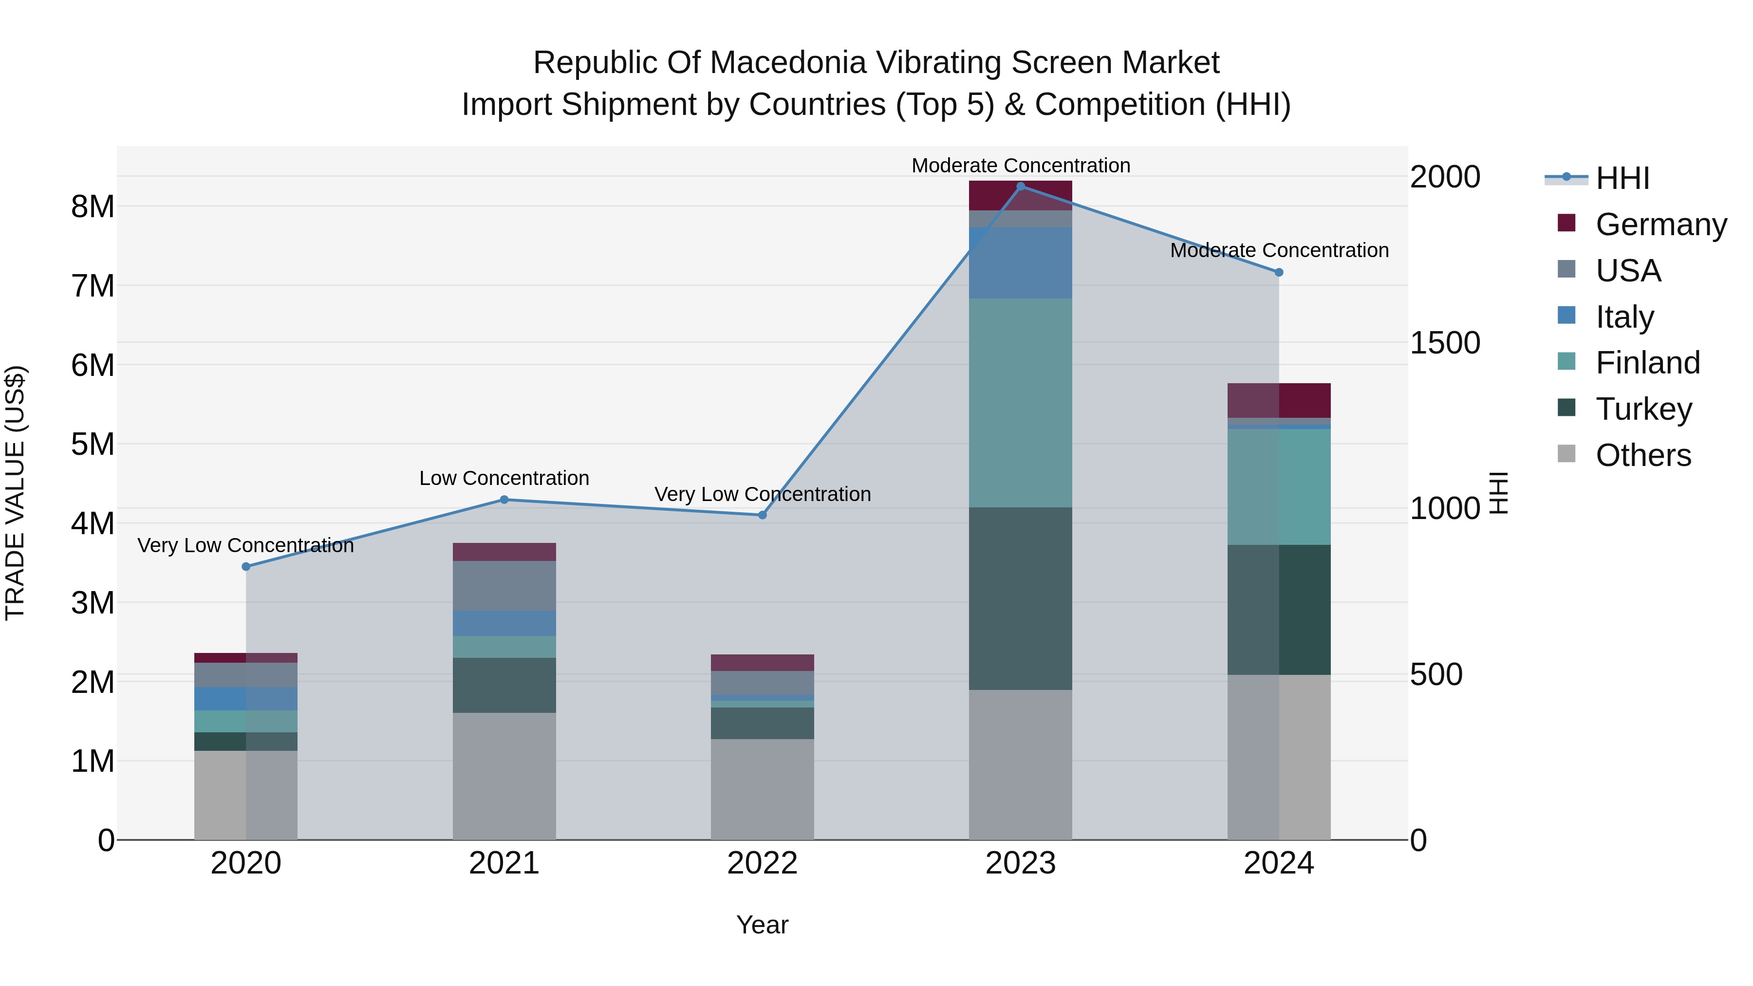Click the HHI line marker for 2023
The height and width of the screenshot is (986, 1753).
tap(1020, 186)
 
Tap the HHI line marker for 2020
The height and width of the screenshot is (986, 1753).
tap(246, 566)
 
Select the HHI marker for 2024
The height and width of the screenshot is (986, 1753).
tap(1279, 272)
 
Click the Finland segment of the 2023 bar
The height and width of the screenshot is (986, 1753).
tap(1020, 402)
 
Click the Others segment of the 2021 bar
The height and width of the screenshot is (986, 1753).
tap(504, 776)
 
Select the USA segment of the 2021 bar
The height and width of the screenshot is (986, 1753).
tap(504, 586)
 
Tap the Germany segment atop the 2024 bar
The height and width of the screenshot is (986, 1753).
tap(1279, 400)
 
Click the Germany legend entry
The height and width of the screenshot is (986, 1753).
tap(1660, 224)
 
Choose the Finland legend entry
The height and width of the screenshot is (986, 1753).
tap(1647, 363)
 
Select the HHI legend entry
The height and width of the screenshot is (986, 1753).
tap(1622, 178)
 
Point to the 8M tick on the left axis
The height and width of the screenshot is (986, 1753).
tap(93, 206)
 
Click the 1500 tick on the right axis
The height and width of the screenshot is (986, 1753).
tap(1445, 343)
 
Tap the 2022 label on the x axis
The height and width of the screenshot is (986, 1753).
tap(762, 863)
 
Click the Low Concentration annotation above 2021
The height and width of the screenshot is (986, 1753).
tap(504, 478)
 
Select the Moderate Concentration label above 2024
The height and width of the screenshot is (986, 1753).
tap(1279, 250)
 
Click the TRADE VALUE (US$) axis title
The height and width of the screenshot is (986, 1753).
tap(16, 493)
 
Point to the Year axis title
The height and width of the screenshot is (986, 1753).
tap(762, 925)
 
